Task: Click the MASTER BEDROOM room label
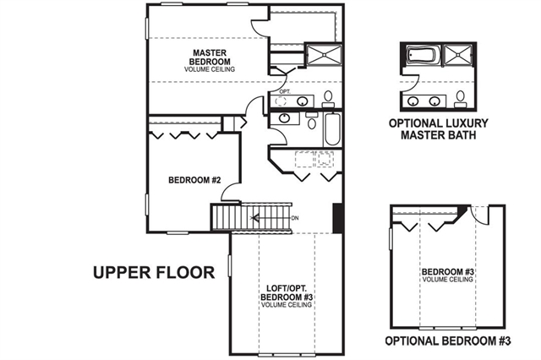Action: [x=210, y=57]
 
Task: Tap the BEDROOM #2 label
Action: [x=194, y=180]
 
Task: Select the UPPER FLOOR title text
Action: [x=154, y=272]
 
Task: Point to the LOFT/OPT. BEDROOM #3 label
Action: [x=287, y=292]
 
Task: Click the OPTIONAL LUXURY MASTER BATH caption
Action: [x=438, y=129]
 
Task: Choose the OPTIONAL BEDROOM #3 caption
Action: [x=448, y=341]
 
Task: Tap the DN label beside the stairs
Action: [x=295, y=218]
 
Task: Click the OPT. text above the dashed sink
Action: [x=285, y=92]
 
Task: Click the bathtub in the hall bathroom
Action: [x=332, y=129]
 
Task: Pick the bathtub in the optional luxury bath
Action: [x=420, y=54]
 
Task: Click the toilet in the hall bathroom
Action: [x=312, y=121]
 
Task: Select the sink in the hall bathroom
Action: [x=284, y=118]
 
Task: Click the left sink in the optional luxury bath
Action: [x=413, y=101]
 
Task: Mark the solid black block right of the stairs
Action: [x=337, y=218]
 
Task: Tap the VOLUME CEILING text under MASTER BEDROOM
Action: [x=210, y=69]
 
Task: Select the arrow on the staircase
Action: [x=255, y=218]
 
